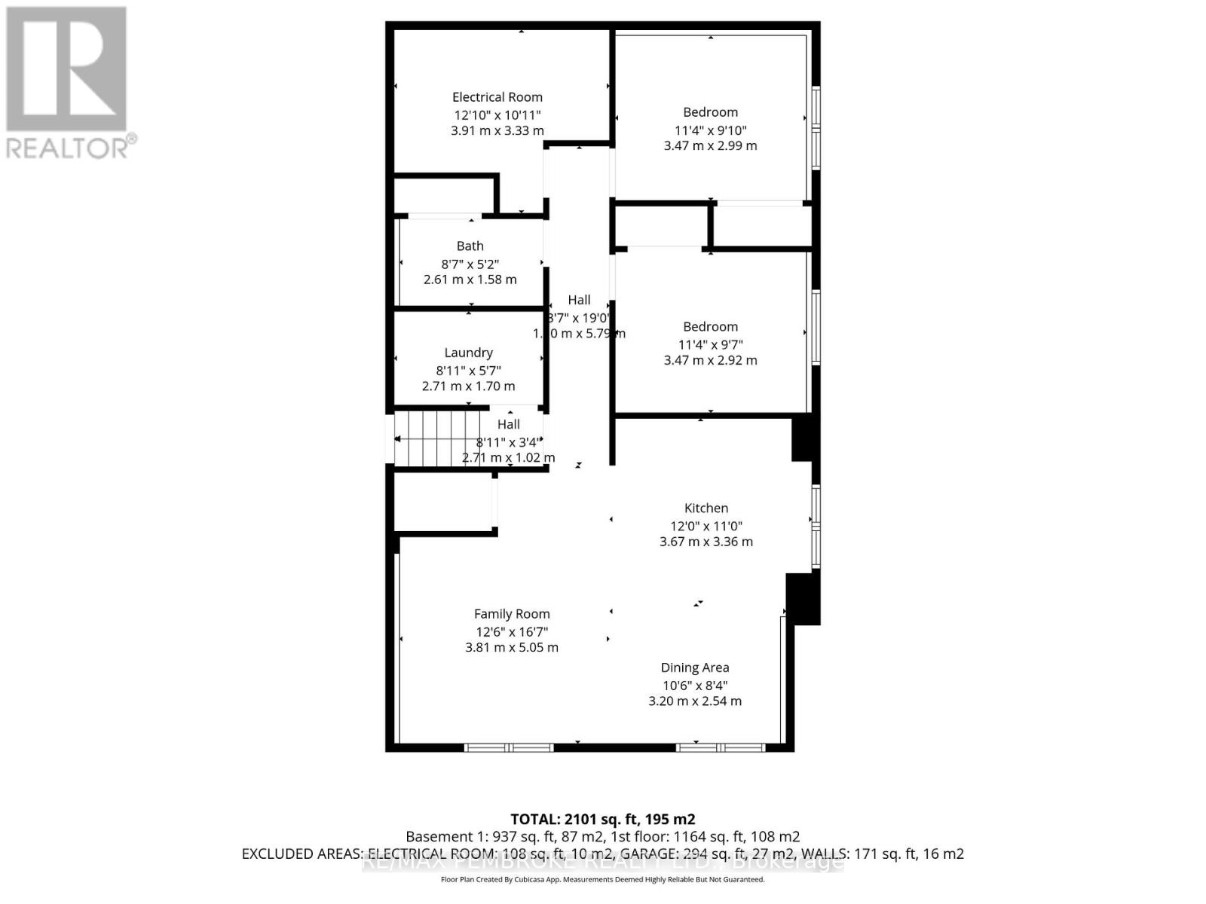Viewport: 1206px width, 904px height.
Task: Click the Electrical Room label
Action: (497, 97)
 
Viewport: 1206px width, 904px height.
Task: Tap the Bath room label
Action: (470, 246)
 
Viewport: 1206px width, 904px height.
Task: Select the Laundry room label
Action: (468, 353)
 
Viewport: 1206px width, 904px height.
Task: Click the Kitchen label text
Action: (706, 508)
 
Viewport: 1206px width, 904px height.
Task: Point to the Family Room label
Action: (512, 614)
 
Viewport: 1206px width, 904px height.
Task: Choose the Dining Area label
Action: (694, 667)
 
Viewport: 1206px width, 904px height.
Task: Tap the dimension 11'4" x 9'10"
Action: (710, 130)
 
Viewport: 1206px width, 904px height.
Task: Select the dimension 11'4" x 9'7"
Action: (710, 345)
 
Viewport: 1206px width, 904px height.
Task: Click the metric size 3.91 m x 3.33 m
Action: (497, 130)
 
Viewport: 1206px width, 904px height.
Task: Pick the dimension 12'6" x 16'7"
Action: (512, 632)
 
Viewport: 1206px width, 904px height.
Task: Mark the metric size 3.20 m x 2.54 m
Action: (694, 701)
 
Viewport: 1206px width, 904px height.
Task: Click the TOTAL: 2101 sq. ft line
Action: (602, 819)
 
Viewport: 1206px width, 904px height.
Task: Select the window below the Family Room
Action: (509, 747)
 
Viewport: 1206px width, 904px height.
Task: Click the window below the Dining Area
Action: (721, 747)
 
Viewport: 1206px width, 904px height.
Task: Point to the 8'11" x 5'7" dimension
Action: (468, 371)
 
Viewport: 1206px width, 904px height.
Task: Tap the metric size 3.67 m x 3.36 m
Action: (706, 542)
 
